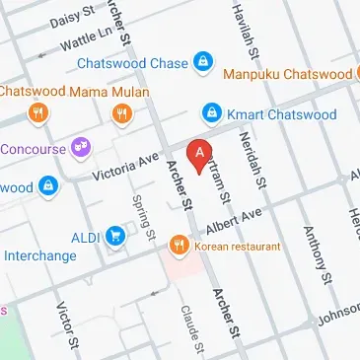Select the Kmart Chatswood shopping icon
click(x=211, y=113)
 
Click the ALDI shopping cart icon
click(x=117, y=237)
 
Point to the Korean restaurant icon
click(x=178, y=244)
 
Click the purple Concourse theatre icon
click(x=80, y=149)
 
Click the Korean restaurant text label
click(x=237, y=246)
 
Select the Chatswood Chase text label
click(x=134, y=63)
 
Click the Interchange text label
click(x=39, y=255)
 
